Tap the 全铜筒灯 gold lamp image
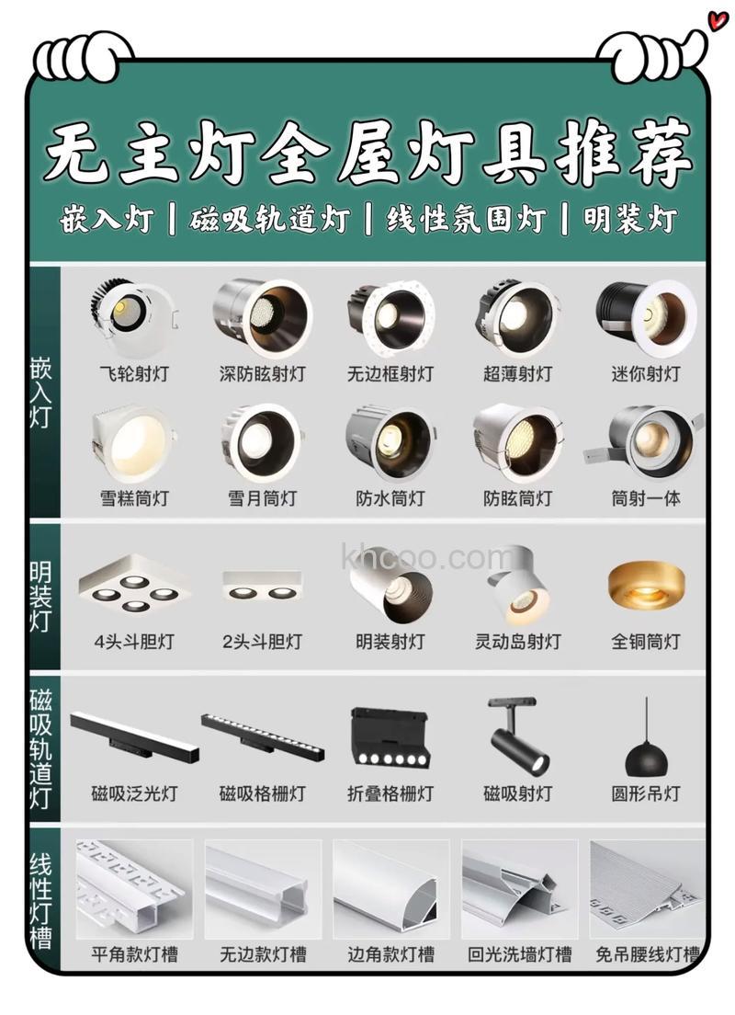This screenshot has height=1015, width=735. (646, 585)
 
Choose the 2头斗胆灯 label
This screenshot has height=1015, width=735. (262, 642)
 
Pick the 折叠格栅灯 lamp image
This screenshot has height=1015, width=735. (390, 736)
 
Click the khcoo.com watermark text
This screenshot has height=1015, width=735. (427, 557)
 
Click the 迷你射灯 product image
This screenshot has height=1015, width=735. (646, 317)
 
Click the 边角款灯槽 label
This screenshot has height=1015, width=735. (390, 954)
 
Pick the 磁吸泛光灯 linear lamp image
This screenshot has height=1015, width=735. (134, 736)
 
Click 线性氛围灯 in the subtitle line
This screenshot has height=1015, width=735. (467, 221)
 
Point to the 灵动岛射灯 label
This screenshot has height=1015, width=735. (518, 642)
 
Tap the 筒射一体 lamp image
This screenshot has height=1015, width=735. (646, 441)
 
